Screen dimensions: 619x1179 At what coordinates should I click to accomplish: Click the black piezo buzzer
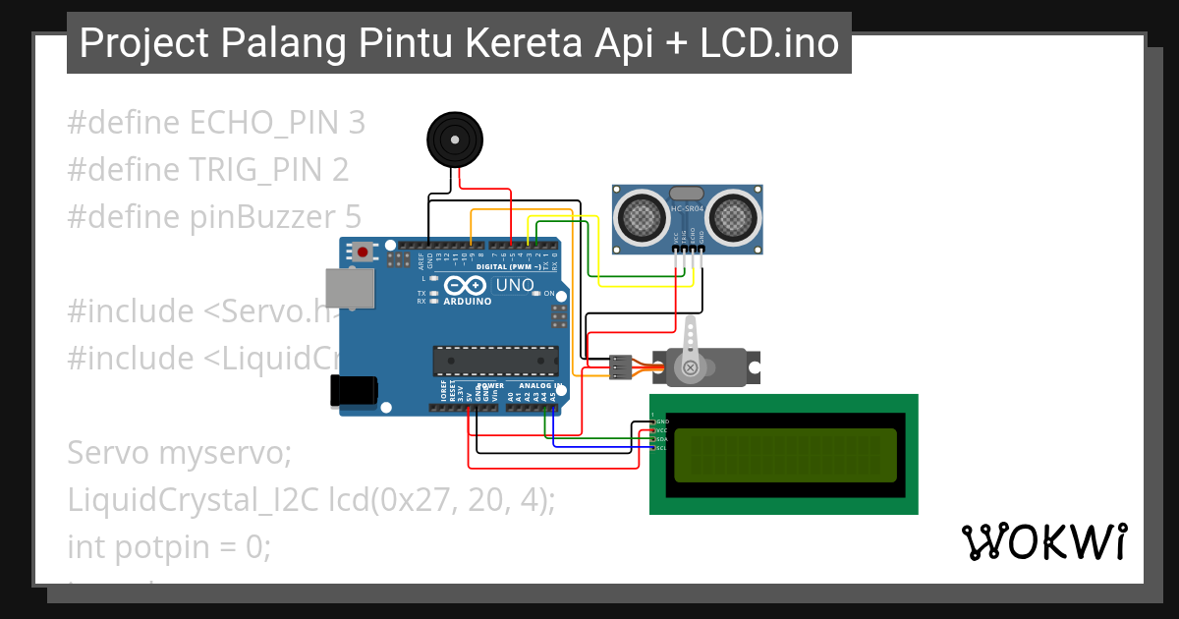pyautogui.click(x=456, y=141)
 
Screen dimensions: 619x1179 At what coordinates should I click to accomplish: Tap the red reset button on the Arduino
pyautogui.click(x=363, y=253)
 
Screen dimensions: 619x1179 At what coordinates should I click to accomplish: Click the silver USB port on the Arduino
pyautogui.click(x=350, y=287)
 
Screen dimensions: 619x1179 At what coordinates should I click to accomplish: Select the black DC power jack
pyautogui.click(x=354, y=390)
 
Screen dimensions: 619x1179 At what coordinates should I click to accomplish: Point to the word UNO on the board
pyautogui.click(x=516, y=286)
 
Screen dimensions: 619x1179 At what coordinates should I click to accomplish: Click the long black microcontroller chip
pyautogui.click(x=495, y=361)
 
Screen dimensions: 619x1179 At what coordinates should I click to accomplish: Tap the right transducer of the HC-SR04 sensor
pyautogui.click(x=733, y=216)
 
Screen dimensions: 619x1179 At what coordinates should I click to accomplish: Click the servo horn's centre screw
pyautogui.click(x=691, y=367)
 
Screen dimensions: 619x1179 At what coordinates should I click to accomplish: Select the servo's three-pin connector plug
pyautogui.click(x=621, y=366)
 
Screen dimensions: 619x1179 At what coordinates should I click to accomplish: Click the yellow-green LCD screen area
pyautogui.click(x=785, y=454)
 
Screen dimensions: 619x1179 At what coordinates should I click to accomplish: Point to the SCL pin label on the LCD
pyautogui.click(x=661, y=448)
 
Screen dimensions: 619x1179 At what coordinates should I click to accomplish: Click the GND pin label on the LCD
pyautogui.click(x=661, y=422)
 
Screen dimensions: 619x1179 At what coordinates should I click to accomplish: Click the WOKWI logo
pyautogui.click(x=1043, y=542)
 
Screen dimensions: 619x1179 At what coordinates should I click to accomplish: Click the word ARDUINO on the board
pyautogui.click(x=468, y=302)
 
